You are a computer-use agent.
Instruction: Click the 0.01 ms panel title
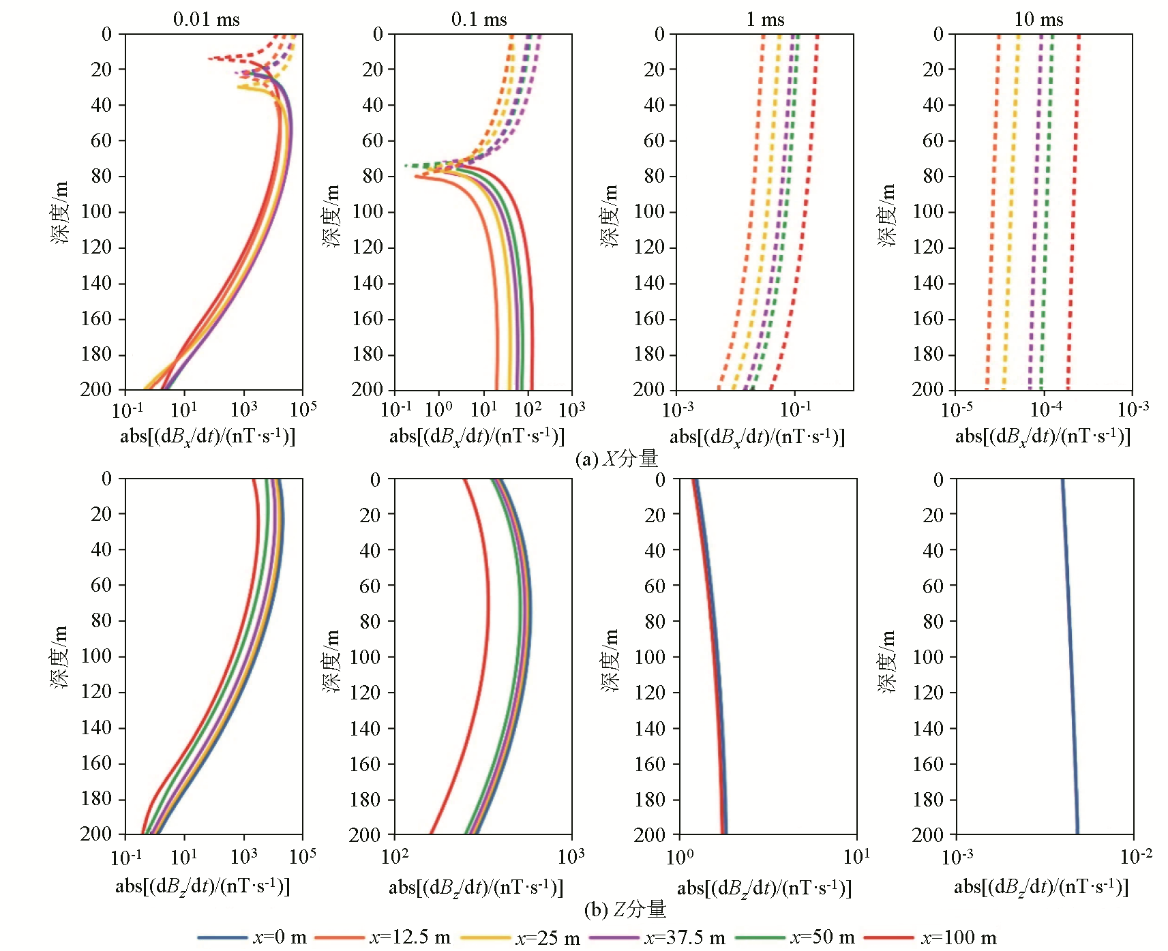tap(207, 19)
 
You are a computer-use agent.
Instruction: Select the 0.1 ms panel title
tap(479, 19)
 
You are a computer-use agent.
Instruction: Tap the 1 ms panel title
tap(766, 19)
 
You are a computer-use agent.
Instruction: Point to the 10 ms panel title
tap(1038, 19)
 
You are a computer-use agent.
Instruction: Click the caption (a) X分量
tap(616, 458)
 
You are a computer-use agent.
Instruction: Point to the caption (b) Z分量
tap(625, 909)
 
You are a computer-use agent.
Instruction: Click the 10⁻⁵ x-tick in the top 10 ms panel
tap(957, 410)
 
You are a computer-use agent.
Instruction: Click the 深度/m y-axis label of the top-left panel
tap(60, 213)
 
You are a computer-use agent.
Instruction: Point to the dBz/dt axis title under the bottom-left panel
tap(203, 886)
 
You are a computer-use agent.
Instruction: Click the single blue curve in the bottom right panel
tap(1070, 654)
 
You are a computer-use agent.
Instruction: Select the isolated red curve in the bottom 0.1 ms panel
tap(485, 654)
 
